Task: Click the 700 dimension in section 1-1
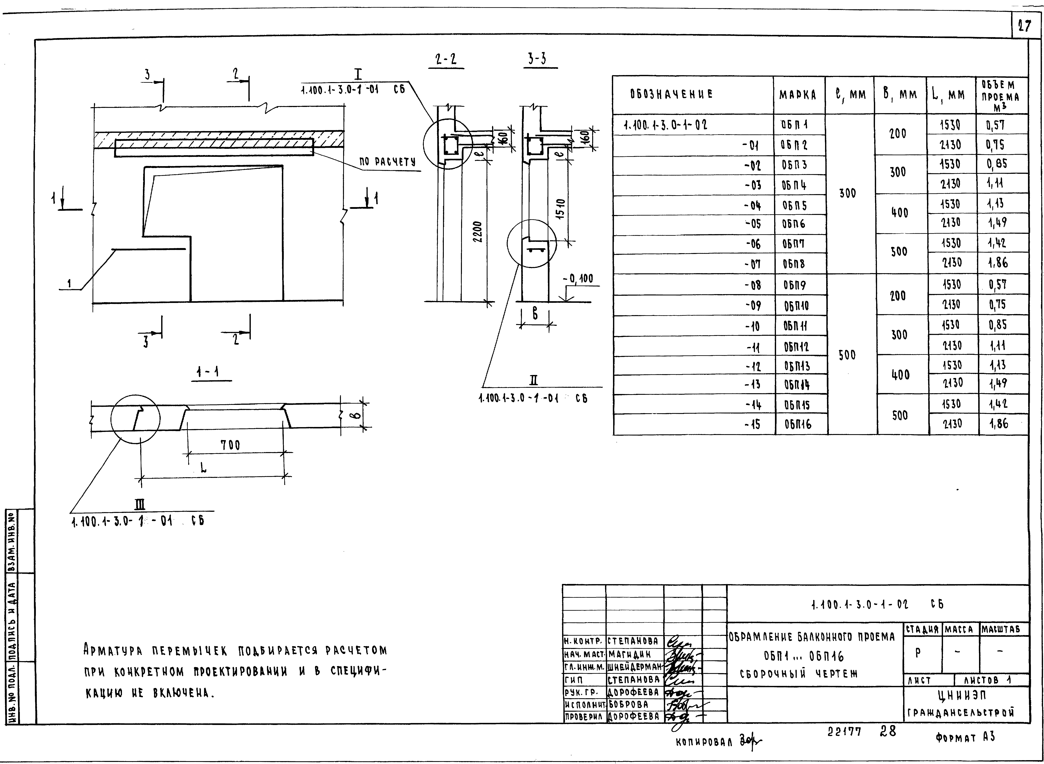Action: pos(230,445)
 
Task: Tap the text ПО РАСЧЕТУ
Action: pos(388,162)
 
